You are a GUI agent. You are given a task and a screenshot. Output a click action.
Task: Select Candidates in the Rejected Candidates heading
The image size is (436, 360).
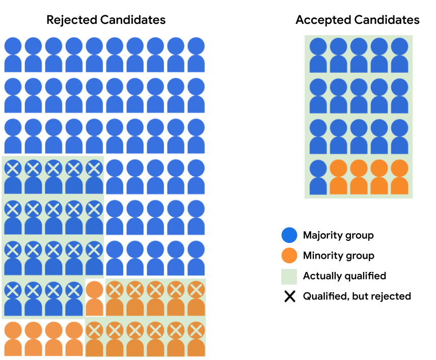point(133,20)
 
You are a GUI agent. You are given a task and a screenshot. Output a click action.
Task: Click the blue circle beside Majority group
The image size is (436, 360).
point(290,235)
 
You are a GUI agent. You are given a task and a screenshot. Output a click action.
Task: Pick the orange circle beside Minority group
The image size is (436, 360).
point(290,256)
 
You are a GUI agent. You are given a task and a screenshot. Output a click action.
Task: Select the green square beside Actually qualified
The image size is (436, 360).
point(290,276)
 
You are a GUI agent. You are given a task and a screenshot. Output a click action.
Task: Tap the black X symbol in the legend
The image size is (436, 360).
point(290,296)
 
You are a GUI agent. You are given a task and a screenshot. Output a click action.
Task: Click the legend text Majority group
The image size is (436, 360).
point(338,235)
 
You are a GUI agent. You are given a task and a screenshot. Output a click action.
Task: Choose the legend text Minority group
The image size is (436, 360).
point(338,256)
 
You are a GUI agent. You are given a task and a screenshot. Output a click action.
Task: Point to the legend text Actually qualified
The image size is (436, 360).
point(344,276)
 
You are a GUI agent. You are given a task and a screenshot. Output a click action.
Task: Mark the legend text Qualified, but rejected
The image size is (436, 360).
point(357,296)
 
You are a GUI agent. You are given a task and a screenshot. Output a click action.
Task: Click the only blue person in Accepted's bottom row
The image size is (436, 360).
point(318,177)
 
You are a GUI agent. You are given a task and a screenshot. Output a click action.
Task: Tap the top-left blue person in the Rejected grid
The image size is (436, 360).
point(13,54)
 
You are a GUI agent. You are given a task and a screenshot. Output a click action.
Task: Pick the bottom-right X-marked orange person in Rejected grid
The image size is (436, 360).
point(196,339)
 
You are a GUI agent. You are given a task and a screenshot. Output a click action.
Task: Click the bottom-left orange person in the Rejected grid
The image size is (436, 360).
point(13,339)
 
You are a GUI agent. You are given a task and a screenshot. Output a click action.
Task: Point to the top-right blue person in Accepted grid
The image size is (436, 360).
point(400,54)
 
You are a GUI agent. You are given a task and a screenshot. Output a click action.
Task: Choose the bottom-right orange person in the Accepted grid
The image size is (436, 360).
point(400,177)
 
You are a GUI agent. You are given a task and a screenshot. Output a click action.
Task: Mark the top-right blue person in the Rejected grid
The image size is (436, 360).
point(196,54)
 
